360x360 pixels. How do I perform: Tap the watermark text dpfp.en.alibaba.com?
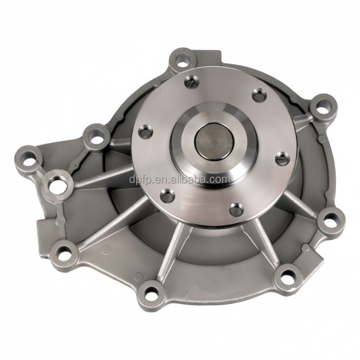coord(180,179)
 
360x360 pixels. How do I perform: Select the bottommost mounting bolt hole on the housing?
coord(151,293)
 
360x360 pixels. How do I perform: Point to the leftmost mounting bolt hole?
coord(28,159)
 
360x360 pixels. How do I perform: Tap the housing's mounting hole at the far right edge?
coord(330,218)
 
